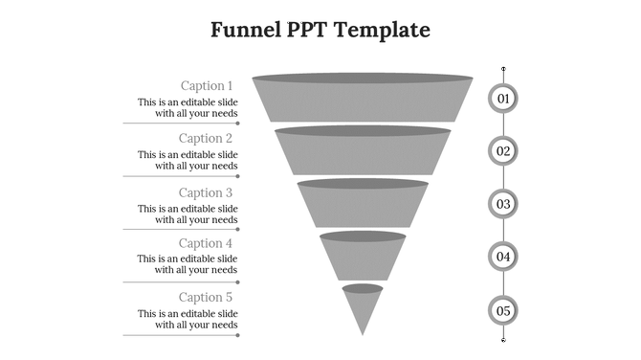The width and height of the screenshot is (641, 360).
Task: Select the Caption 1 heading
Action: click(207, 85)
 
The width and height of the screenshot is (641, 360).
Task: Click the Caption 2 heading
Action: click(207, 138)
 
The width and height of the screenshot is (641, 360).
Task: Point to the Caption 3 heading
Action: click(207, 192)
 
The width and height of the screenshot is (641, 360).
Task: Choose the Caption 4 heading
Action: click(207, 243)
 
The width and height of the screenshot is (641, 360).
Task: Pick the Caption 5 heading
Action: click(207, 298)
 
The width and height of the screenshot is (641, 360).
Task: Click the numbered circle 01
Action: click(503, 98)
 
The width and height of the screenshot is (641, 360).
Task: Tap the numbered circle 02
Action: click(503, 150)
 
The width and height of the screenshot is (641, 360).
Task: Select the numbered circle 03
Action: click(503, 204)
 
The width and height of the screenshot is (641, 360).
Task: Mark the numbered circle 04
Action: click(503, 257)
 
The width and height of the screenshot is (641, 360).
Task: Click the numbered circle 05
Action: click(503, 310)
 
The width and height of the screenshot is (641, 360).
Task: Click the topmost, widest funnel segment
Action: click(363, 100)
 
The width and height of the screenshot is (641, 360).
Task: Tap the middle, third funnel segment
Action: click(363, 204)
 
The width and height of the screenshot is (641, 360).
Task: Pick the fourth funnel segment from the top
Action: click(363, 257)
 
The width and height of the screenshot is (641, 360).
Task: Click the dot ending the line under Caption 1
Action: click(238, 124)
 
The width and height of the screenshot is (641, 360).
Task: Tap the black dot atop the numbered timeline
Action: click(503, 69)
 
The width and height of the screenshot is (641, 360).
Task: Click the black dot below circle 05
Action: click(503, 339)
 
